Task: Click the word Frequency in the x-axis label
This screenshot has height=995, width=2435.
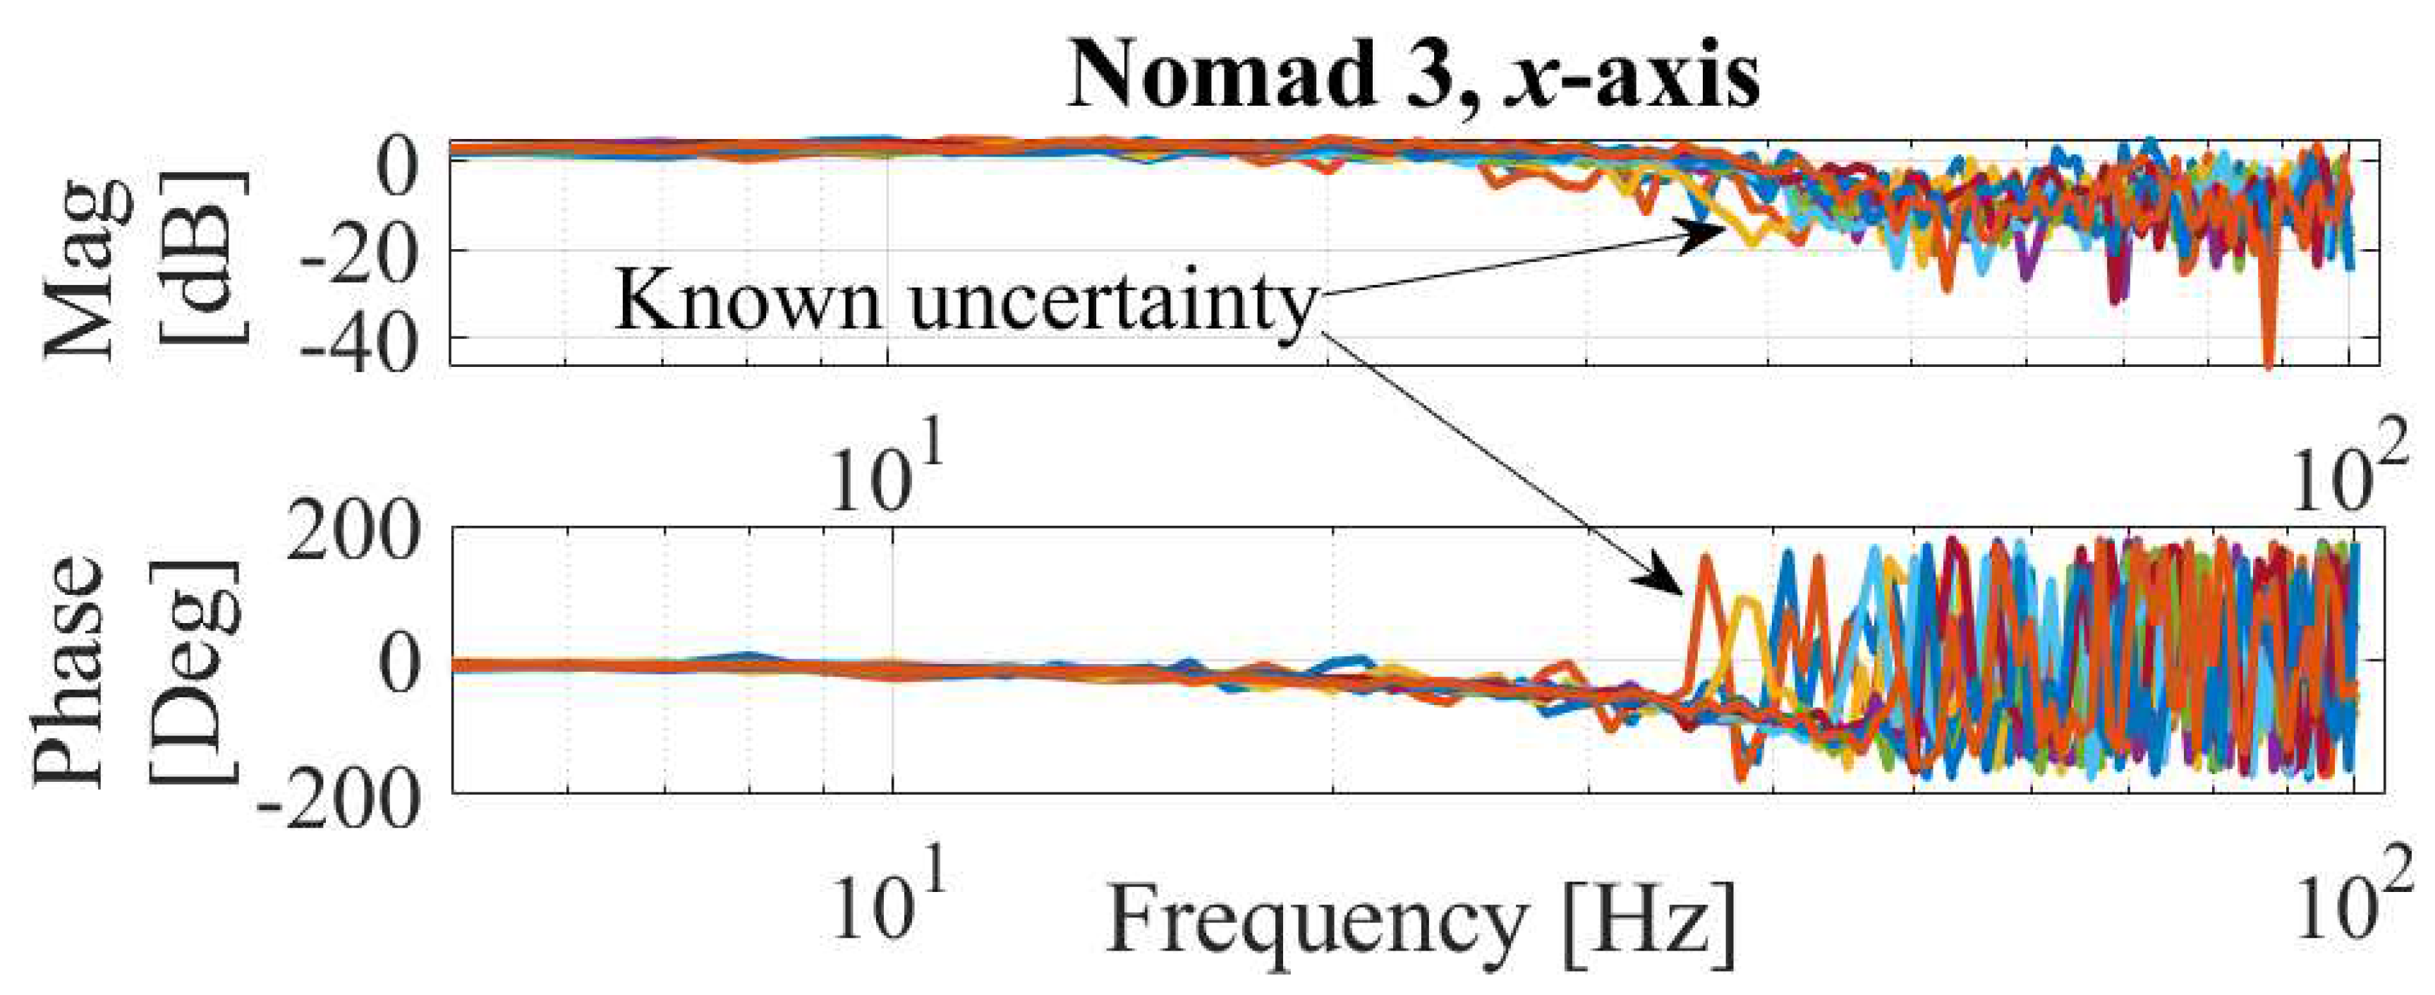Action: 1314,922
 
